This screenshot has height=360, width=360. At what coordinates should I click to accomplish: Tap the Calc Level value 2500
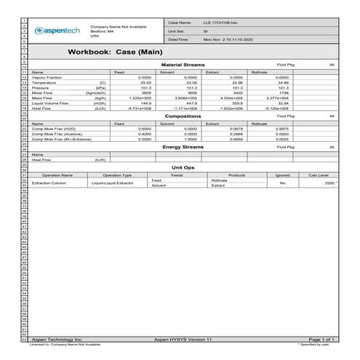tap(324, 183)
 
